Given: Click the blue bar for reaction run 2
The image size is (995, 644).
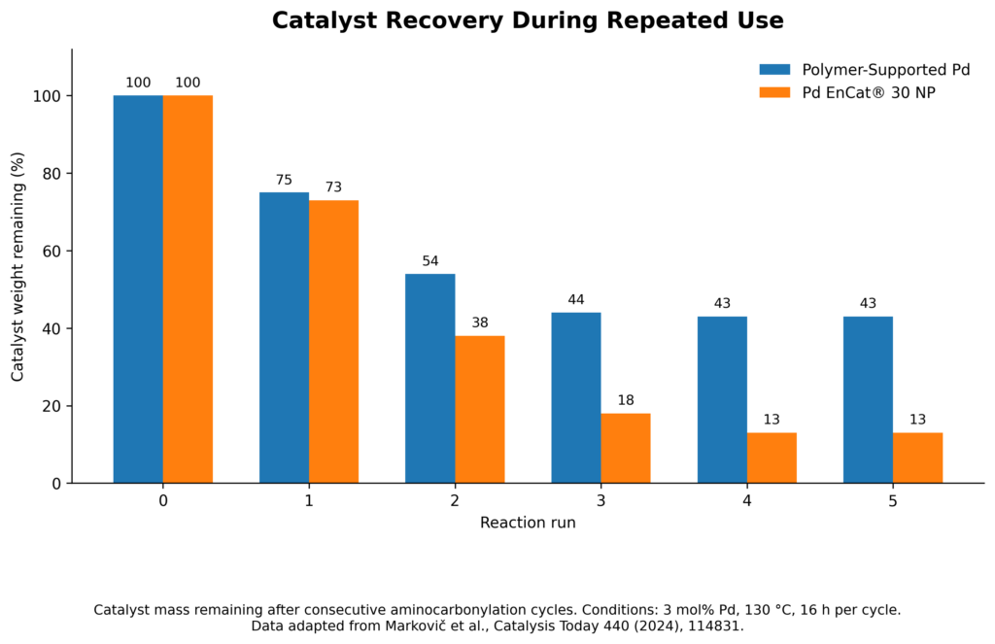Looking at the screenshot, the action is click(430, 378).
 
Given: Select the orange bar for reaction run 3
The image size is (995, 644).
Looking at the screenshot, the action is click(626, 449).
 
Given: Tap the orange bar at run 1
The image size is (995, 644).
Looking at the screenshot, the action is click(334, 342).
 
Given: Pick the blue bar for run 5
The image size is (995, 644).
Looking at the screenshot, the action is click(868, 400).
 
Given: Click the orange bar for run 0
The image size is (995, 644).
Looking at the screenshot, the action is click(188, 289).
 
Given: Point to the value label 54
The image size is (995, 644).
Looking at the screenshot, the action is click(430, 261).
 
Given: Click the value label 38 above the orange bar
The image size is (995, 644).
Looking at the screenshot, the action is click(480, 322).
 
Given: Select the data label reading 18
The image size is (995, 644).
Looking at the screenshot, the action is click(626, 400).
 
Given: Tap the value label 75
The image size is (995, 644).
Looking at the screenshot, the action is click(284, 181).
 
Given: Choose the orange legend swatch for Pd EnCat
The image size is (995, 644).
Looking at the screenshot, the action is click(774, 92).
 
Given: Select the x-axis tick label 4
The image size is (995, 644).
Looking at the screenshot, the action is click(747, 501).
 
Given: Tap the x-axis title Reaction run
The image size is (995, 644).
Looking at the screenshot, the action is click(528, 523).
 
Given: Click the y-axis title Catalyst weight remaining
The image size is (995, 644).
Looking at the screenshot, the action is click(17, 266).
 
